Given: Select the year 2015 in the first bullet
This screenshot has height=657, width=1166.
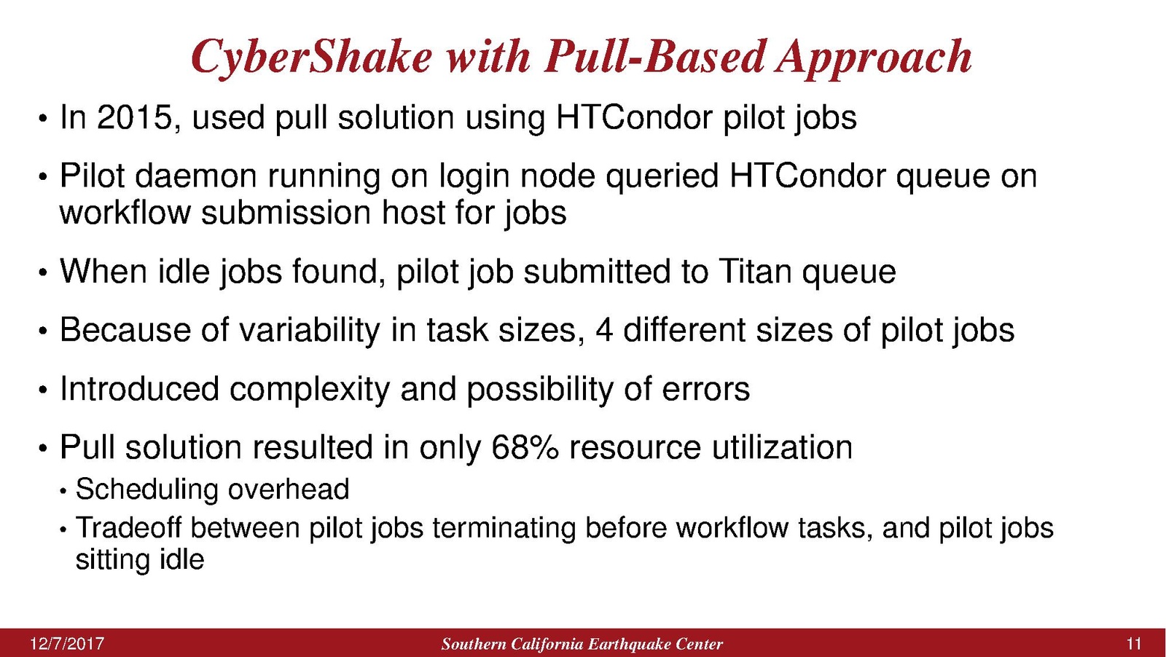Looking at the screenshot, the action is (134, 117).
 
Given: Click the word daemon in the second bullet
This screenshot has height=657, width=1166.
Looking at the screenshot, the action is (196, 176).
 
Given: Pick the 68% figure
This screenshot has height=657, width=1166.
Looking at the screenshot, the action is (525, 447).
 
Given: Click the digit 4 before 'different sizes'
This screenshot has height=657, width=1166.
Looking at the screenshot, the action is (603, 330).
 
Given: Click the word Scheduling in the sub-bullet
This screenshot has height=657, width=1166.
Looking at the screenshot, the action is (146, 490).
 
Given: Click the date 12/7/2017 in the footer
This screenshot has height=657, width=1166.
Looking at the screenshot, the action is (67, 644).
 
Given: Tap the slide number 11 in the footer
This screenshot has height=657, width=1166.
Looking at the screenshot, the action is (1134, 644).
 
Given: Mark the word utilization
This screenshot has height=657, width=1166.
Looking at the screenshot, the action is (782, 447).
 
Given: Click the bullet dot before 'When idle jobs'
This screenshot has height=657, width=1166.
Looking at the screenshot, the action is (43, 273).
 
